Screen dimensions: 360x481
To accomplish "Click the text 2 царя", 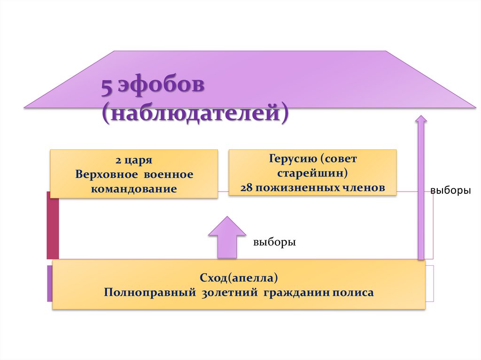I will (x=134, y=160).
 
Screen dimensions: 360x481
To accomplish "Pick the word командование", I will (x=134, y=189).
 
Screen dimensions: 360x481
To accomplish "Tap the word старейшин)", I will (x=312, y=173).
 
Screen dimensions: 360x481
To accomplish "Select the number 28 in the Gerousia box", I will (x=246, y=188).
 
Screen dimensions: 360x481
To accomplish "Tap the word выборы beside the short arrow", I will (x=274, y=243).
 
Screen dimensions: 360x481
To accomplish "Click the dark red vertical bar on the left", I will (x=53, y=225).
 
